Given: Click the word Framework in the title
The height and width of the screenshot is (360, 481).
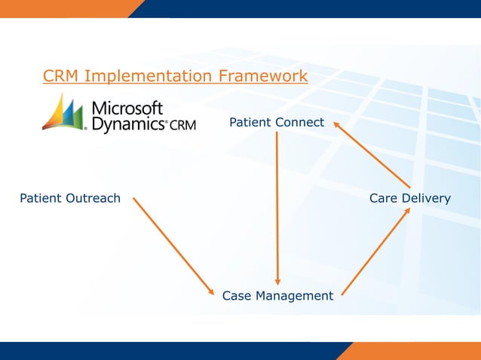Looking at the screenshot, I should [x=262, y=76].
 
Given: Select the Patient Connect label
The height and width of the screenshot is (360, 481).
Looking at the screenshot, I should [x=277, y=122].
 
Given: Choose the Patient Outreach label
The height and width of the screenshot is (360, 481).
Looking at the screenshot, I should [x=69, y=198].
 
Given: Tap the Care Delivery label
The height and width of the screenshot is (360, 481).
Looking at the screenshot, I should [x=409, y=198].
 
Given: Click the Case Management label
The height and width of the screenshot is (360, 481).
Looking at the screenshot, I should [x=277, y=296].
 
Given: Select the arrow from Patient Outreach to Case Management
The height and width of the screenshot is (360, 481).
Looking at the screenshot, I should [x=173, y=245].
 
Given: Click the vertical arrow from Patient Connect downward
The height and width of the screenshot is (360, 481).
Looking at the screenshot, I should [x=277, y=203].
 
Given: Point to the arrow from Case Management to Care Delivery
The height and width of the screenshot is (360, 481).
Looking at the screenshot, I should [x=375, y=252].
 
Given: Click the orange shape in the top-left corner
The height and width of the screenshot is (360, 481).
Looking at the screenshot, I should [x=68, y=8].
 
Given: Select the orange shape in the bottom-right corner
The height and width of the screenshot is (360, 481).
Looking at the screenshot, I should [x=411, y=351].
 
